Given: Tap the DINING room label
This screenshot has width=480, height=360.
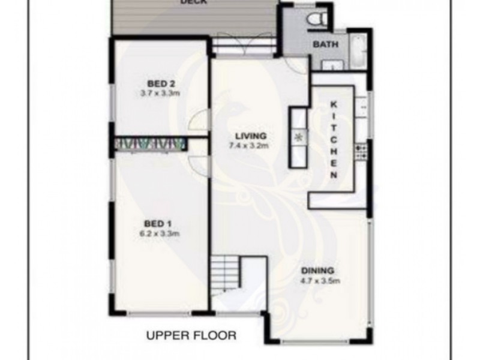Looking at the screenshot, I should (319, 271).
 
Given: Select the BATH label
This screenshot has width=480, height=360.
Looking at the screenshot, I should (325, 44).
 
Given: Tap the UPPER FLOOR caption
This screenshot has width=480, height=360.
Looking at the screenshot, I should (191, 335).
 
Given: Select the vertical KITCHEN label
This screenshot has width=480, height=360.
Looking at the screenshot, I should (334, 138).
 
